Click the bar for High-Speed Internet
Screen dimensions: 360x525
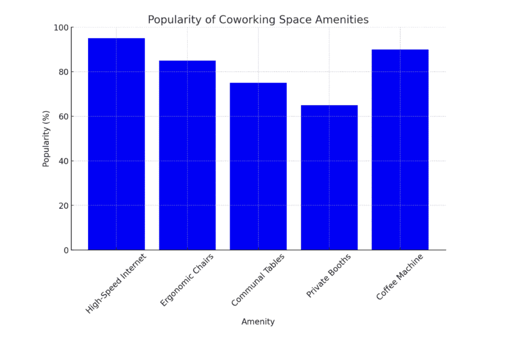tap(116, 144)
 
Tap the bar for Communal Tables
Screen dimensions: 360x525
tap(258, 166)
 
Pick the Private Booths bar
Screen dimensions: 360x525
tap(329, 177)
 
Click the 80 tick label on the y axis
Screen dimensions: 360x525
tap(62, 72)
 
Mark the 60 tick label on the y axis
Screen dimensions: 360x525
tap(62, 116)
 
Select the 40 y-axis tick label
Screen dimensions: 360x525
tap(62, 161)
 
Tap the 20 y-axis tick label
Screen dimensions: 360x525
tap(62, 206)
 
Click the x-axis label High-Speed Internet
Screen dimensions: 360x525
tap(116, 283)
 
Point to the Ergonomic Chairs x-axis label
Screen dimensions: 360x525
tap(187, 280)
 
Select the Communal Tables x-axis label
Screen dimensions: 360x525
tap(258, 281)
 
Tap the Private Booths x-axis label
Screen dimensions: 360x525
tap(329, 275)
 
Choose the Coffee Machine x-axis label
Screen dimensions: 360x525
tap(400, 276)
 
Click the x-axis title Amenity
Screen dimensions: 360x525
tap(258, 322)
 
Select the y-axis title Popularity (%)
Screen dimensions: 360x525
tap(46, 138)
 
